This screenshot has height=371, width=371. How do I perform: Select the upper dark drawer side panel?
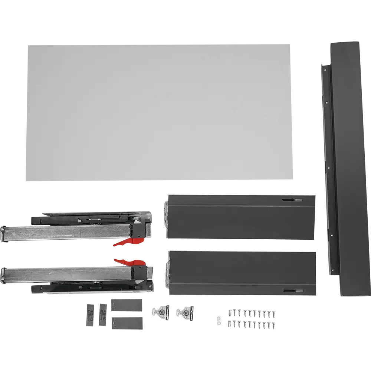[x=241, y=216]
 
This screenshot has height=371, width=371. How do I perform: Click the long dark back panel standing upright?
[x=343, y=167]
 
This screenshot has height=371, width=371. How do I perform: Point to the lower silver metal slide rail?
[x=67, y=274]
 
